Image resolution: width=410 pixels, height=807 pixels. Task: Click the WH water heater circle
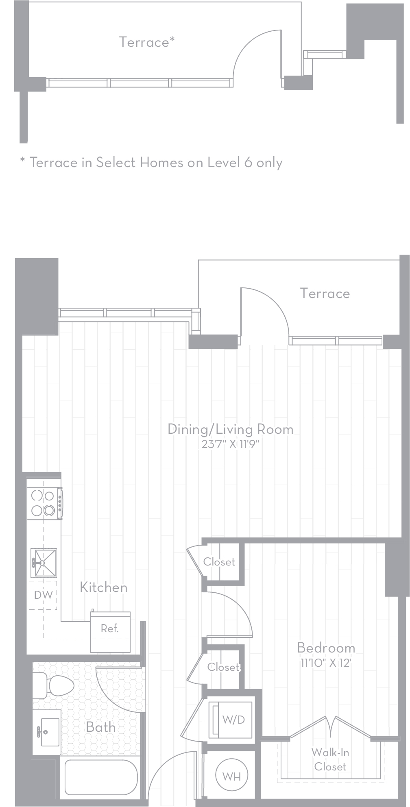231,776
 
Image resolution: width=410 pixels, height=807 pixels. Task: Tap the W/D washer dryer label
234,720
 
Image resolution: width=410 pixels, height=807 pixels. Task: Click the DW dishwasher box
43,595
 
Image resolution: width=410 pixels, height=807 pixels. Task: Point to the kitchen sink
44,563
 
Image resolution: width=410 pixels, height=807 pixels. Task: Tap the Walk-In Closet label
330,759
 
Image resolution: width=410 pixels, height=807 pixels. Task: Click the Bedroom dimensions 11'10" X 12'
325,663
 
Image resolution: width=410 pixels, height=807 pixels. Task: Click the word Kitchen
103,587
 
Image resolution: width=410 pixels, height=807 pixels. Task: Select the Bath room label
100,727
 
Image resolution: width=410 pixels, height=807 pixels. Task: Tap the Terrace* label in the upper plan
147,42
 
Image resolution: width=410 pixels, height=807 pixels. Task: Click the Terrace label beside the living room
325,293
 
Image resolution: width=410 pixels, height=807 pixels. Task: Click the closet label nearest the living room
219,562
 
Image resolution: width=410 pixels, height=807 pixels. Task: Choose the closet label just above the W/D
223,667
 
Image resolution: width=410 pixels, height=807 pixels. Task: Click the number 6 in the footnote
248,163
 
